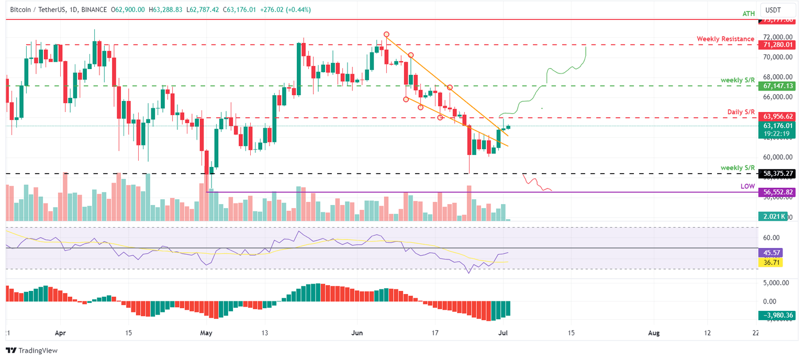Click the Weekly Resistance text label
tap(725, 39)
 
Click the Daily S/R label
tap(741, 112)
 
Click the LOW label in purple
tap(747, 186)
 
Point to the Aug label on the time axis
tap(653, 333)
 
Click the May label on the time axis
tap(207, 333)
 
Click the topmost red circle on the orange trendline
tap(386, 34)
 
